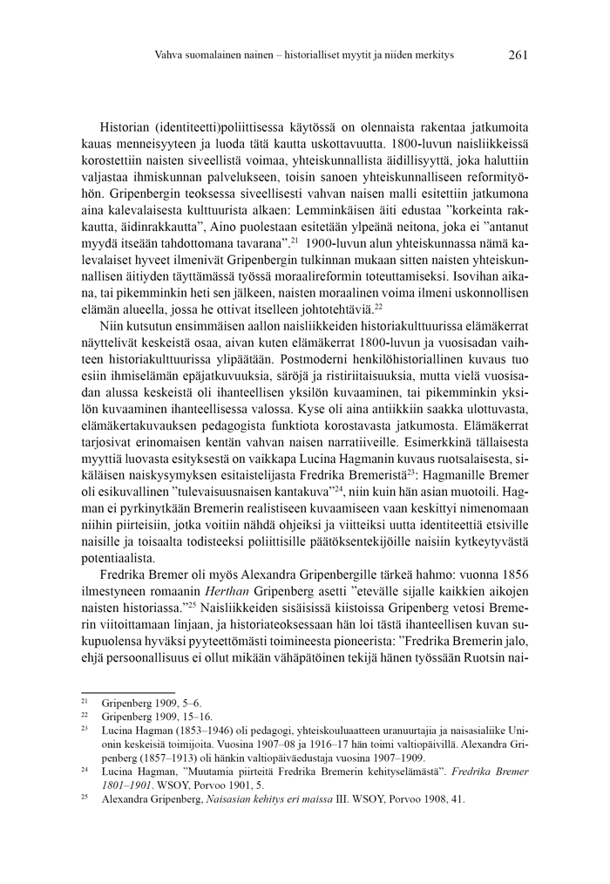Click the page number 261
pos(518,55)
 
